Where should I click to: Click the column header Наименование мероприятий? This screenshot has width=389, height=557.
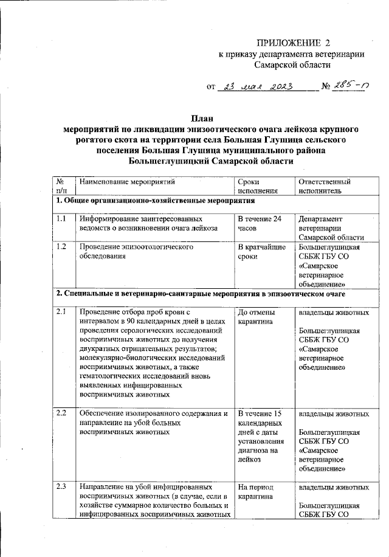tap(127, 182)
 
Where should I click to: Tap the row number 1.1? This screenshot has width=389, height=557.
tap(61, 218)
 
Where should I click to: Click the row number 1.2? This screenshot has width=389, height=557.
tap(61, 247)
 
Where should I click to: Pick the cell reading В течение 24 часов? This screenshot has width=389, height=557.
tap(260, 223)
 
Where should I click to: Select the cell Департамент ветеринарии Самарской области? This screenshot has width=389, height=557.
tap(331, 228)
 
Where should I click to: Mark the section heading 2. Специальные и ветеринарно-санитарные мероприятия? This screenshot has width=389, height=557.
tap(201, 294)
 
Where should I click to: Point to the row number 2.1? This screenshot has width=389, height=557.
tap(61, 312)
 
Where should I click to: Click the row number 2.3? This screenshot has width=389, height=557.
tap(61, 487)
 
